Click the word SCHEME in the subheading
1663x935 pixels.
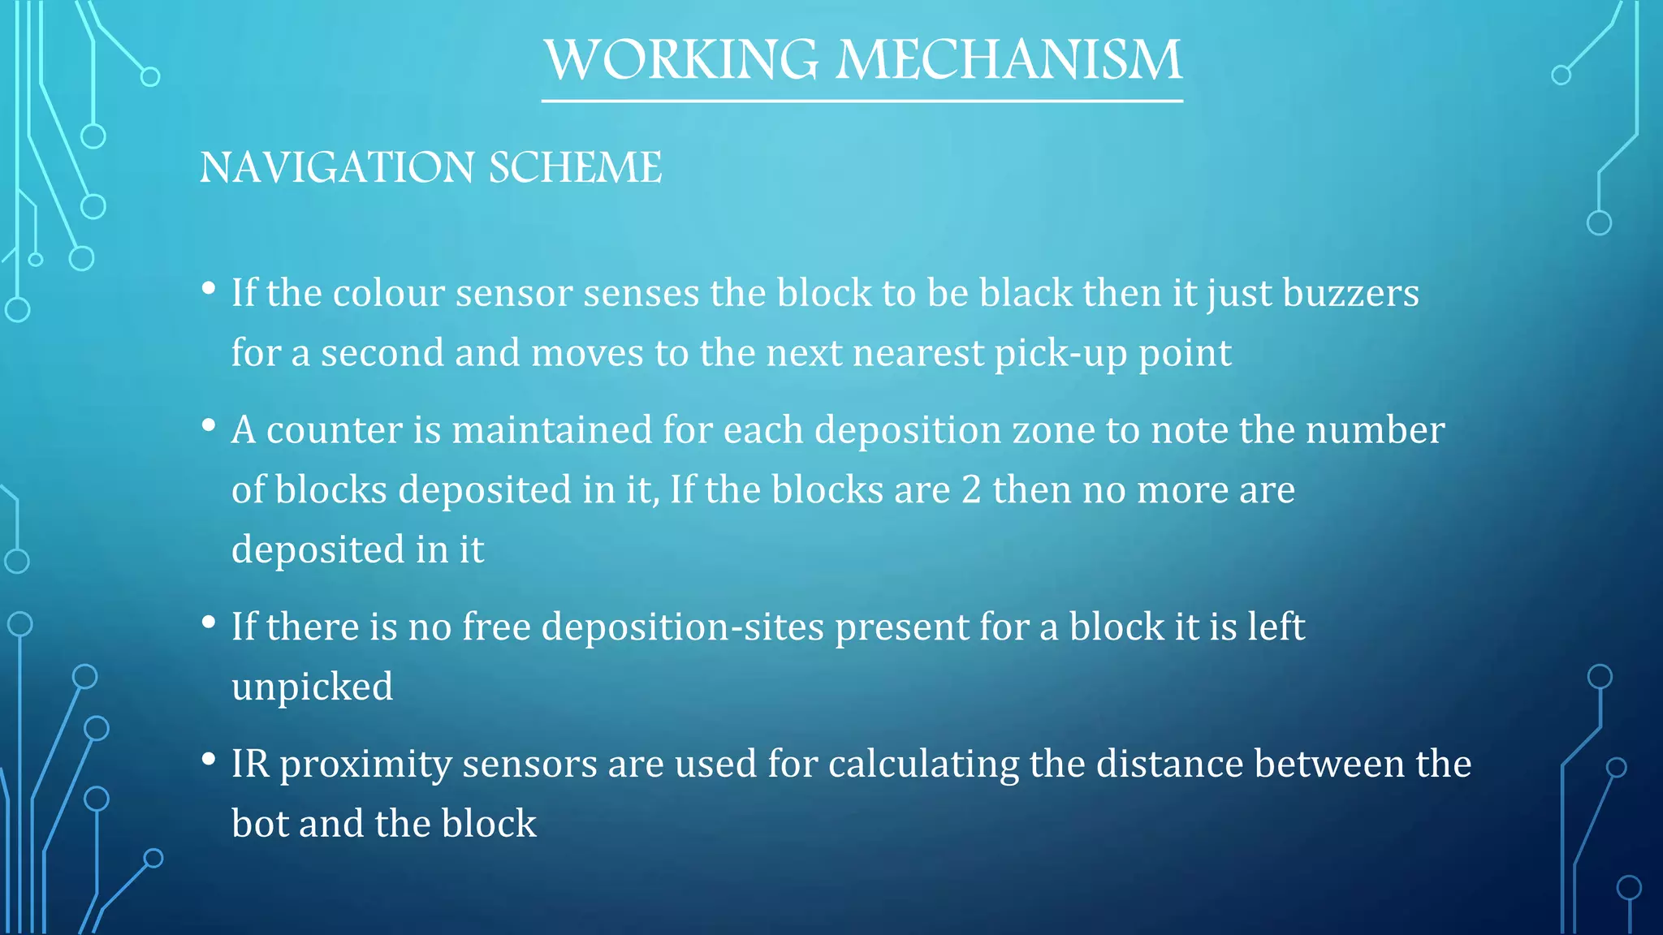(x=575, y=168)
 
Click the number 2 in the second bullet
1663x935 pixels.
(x=971, y=490)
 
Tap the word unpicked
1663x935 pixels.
(x=313, y=687)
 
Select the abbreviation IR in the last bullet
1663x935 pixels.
(x=250, y=765)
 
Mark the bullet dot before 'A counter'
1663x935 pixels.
(x=209, y=424)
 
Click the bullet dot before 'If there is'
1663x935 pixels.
(x=209, y=622)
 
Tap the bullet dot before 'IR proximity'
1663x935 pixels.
(x=209, y=759)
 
